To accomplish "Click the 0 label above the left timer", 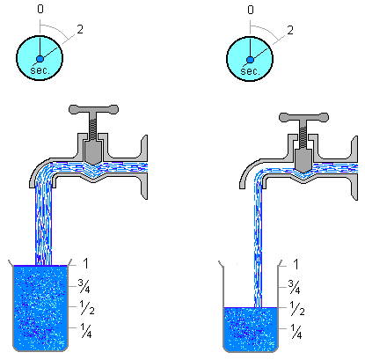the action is (x=40, y=9).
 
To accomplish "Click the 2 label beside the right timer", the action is (x=290, y=30).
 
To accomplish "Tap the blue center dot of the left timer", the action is (x=40, y=59).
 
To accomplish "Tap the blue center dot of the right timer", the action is (x=250, y=60).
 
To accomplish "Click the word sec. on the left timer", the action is (x=40, y=70).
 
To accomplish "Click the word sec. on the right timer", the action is (x=251, y=71).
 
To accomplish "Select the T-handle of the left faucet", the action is (x=93, y=110).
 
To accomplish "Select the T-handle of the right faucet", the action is (x=303, y=117).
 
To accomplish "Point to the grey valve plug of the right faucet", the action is (x=303, y=160).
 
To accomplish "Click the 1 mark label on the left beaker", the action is (x=85, y=263).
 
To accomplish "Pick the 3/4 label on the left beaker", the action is (x=84, y=286).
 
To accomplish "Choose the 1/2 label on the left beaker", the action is (x=87, y=307).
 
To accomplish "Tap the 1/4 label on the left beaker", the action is (x=86, y=331).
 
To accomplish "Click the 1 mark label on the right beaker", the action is (x=296, y=264).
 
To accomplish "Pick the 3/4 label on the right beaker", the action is (x=294, y=287).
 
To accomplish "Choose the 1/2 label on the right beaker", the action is (x=297, y=308).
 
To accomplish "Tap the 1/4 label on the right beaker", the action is (x=296, y=332).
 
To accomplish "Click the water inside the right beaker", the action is (x=251, y=329).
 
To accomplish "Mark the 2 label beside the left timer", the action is (x=80, y=29).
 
